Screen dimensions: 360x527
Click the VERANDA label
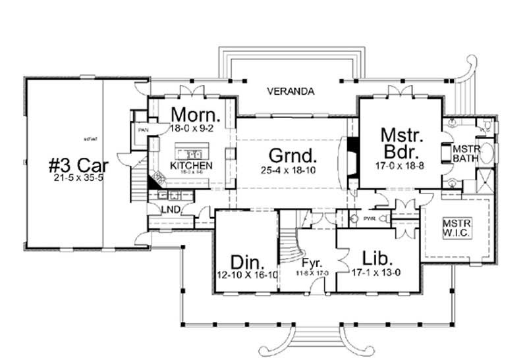291,91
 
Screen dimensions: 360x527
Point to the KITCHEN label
191,165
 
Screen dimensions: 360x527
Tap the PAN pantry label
143,130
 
